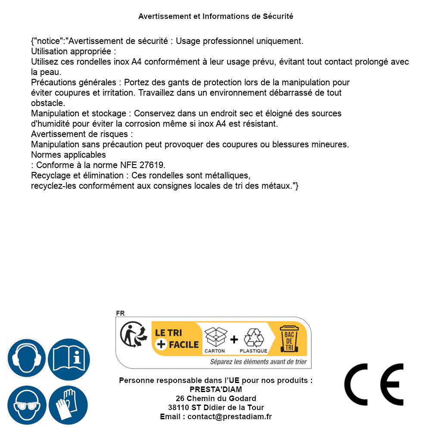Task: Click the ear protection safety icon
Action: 27,358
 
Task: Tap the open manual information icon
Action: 69,358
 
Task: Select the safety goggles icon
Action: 27,405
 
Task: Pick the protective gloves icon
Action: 69,405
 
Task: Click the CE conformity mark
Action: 374,384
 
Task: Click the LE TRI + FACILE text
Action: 177,339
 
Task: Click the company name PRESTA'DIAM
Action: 216,389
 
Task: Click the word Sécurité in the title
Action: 278,16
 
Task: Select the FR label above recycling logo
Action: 120,313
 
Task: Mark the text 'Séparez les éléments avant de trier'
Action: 258,362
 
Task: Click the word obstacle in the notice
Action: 48,103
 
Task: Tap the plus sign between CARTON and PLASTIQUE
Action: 234,340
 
